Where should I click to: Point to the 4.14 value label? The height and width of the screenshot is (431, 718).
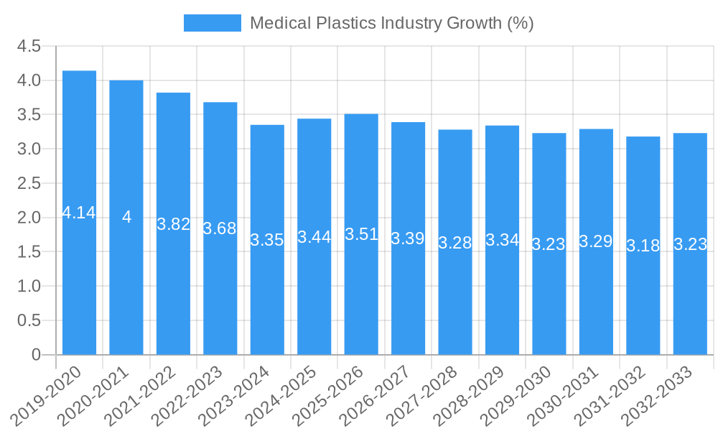click(79, 213)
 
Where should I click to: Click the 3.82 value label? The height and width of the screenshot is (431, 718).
click(173, 224)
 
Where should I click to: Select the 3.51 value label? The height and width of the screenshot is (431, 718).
click(361, 234)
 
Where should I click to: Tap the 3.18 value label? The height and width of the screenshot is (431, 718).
click(643, 246)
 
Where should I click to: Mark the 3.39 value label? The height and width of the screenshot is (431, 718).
click(408, 238)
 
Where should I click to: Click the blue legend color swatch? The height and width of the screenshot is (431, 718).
click(212, 23)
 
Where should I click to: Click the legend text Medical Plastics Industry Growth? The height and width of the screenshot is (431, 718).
click(391, 23)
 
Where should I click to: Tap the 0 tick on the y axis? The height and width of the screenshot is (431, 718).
click(36, 355)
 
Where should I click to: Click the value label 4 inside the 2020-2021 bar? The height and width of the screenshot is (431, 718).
click(126, 217)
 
